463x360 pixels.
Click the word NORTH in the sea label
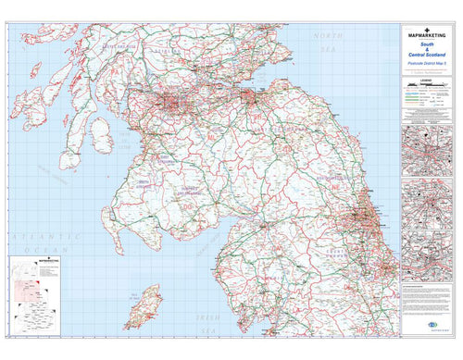click(x=327, y=35)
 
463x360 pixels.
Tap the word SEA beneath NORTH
click(x=325, y=47)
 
